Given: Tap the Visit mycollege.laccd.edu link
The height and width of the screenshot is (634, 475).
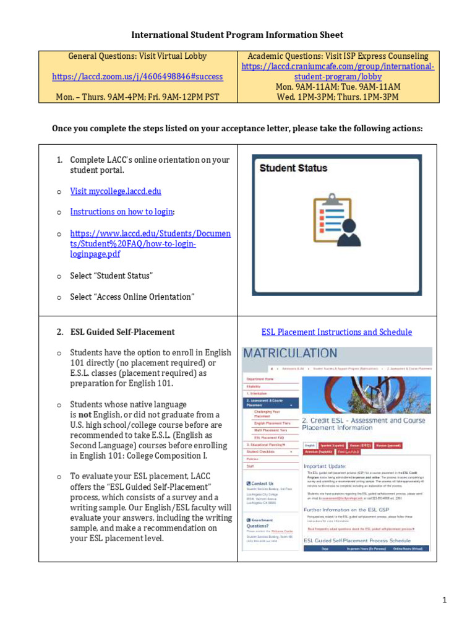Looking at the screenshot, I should click(x=116, y=191).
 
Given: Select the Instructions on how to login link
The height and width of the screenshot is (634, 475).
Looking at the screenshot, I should click(x=122, y=212).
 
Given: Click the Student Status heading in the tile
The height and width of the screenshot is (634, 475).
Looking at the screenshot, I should click(x=293, y=168).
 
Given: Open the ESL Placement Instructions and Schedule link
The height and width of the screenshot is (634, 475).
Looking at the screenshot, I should click(x=336, y=332).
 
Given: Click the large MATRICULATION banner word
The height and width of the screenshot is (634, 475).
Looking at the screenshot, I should click(x=290, y=354).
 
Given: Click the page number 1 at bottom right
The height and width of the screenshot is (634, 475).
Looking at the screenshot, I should click(x=461, y=600).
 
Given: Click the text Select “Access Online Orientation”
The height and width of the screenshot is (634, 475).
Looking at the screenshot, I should click(x=132, y=297).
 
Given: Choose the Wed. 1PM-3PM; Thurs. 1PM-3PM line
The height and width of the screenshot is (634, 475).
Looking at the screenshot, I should click(x=338, y=97).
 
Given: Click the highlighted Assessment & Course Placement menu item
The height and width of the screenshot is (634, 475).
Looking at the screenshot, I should click(x=269, y=403).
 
